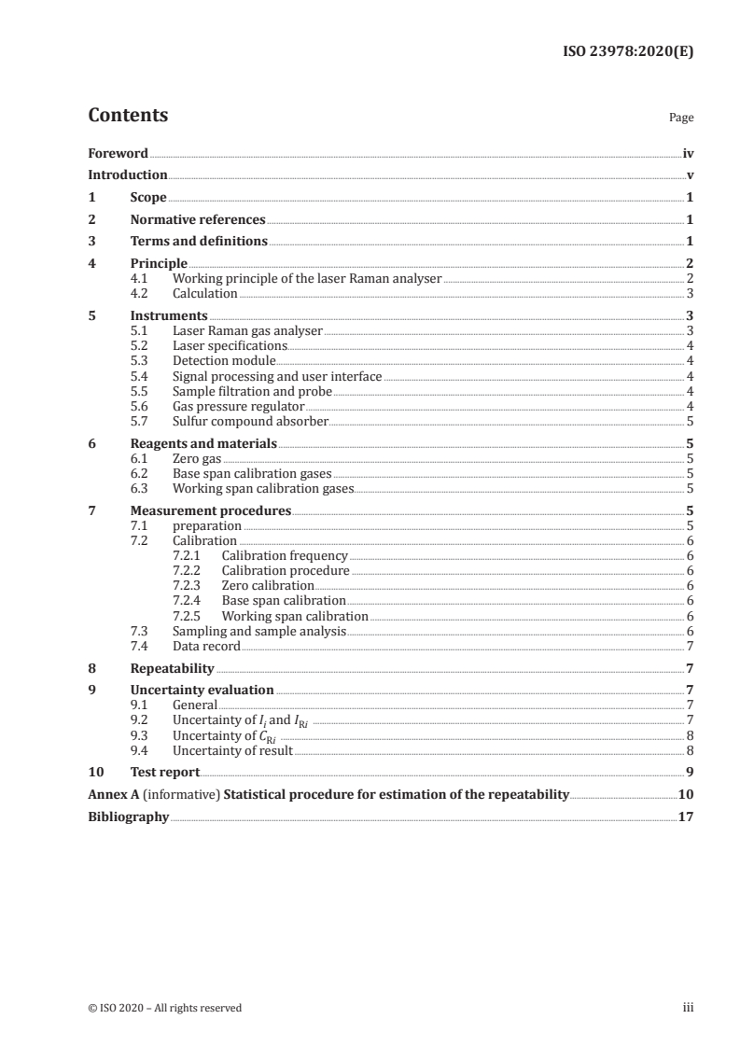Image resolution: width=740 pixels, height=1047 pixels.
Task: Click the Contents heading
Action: pos(128,116)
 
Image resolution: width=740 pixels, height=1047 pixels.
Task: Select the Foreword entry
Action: pos(118,153)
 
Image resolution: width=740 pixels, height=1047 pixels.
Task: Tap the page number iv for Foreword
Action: pos(688,153)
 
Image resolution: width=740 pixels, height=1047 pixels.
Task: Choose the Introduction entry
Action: pos(127,175)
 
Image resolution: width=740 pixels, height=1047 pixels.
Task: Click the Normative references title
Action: pos(198,220)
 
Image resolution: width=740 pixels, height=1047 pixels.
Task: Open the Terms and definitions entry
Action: pos(199,242)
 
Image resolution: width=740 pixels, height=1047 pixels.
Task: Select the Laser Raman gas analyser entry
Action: pos(247,330)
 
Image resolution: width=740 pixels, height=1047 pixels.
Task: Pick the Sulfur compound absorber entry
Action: pos(250,421)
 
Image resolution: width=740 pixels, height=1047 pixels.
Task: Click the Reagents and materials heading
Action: pos(203,443)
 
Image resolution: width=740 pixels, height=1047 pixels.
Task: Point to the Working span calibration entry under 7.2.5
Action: pos(294,616)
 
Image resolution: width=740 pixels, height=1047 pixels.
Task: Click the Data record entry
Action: pos(206,646)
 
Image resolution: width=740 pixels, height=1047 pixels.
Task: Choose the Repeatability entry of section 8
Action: pos(172,668)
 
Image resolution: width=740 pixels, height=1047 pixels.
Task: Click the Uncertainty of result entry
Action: pos(232,750)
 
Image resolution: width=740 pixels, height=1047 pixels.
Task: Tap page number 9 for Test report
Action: pos(689,773)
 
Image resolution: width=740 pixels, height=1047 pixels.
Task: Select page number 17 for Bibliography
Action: pos(686,817)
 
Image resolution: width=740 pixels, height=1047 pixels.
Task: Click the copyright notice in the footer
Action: pos(165,1008)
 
